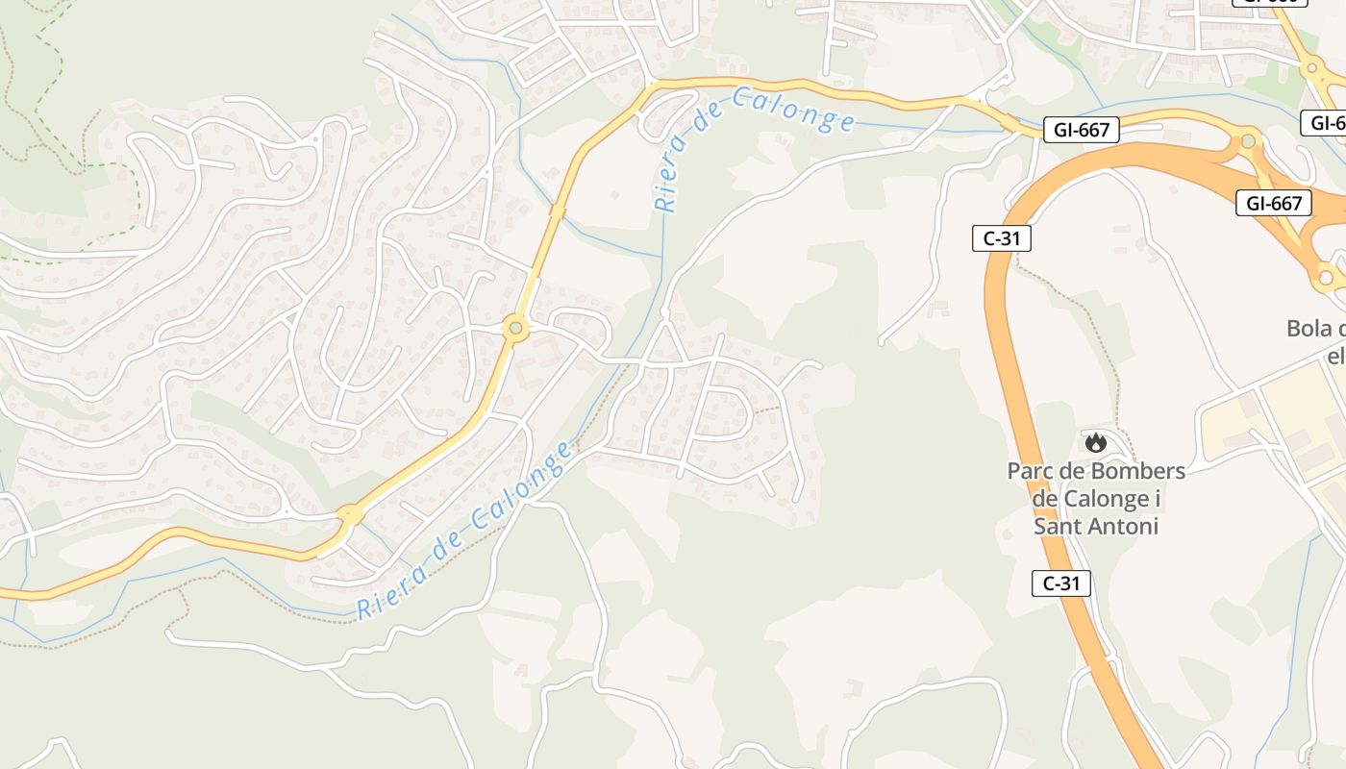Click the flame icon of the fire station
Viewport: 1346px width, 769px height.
click(x=1095, y=442)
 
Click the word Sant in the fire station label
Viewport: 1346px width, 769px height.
click(x=1055, y=527)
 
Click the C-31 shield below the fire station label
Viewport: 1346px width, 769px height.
click(x=1061, y=583)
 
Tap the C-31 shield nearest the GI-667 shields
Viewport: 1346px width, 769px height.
click(x=1002, y=238)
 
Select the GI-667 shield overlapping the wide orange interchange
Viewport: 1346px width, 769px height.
click(x=1273, y=203)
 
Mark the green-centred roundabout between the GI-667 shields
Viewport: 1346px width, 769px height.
click(x=1248, y=141)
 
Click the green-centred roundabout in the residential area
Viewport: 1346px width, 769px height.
click(x=516, y=329)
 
